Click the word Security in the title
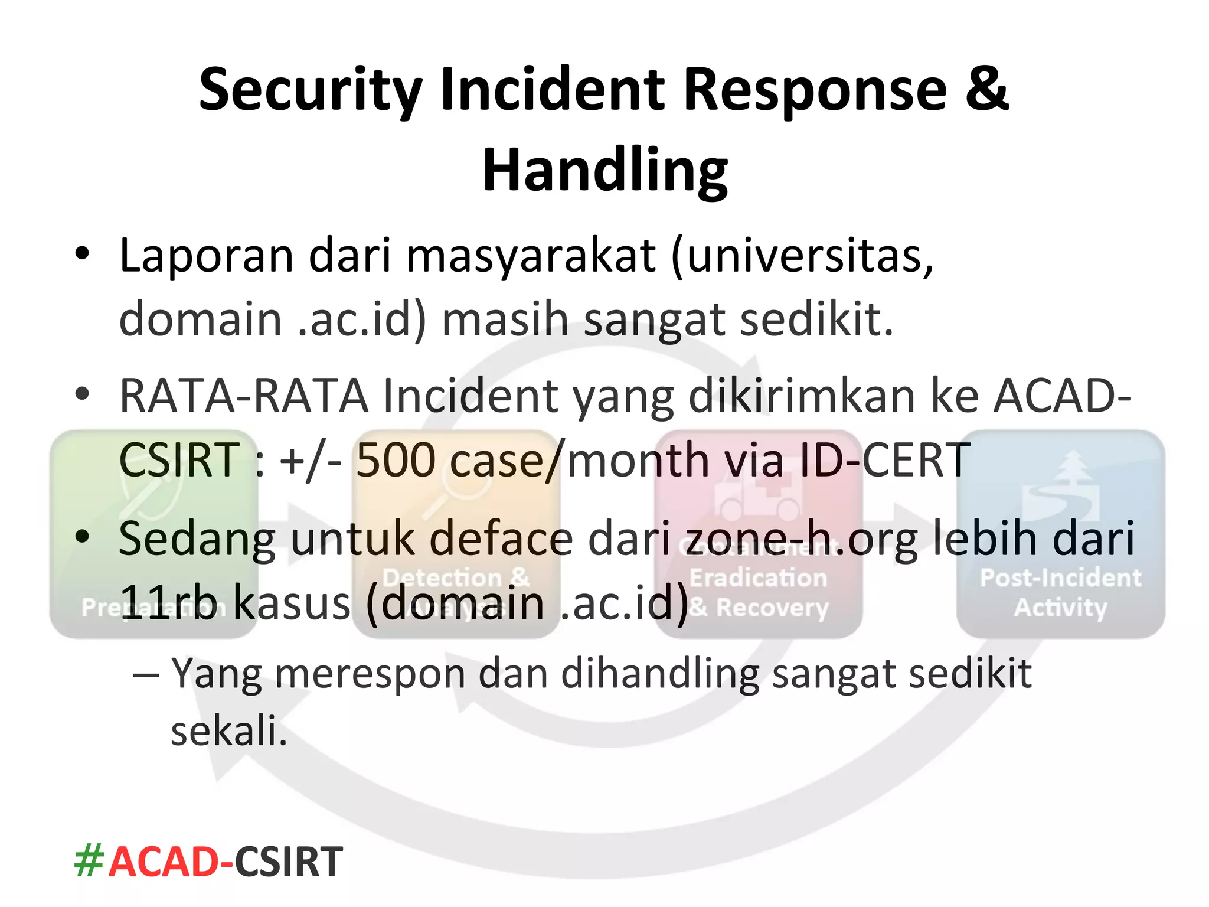[x=310, y=90]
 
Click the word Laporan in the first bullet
[x=206, y=256]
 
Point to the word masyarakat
[x=531, y=256]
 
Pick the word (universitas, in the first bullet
[x=802, y=256]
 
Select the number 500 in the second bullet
[x=396, y=461]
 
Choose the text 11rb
[x=168, y=603]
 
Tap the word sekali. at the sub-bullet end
[x=228, y=731]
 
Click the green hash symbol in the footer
[x=89, y=862]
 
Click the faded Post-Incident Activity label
[x=1060, y=593]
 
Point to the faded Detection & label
[x=456, y=578]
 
